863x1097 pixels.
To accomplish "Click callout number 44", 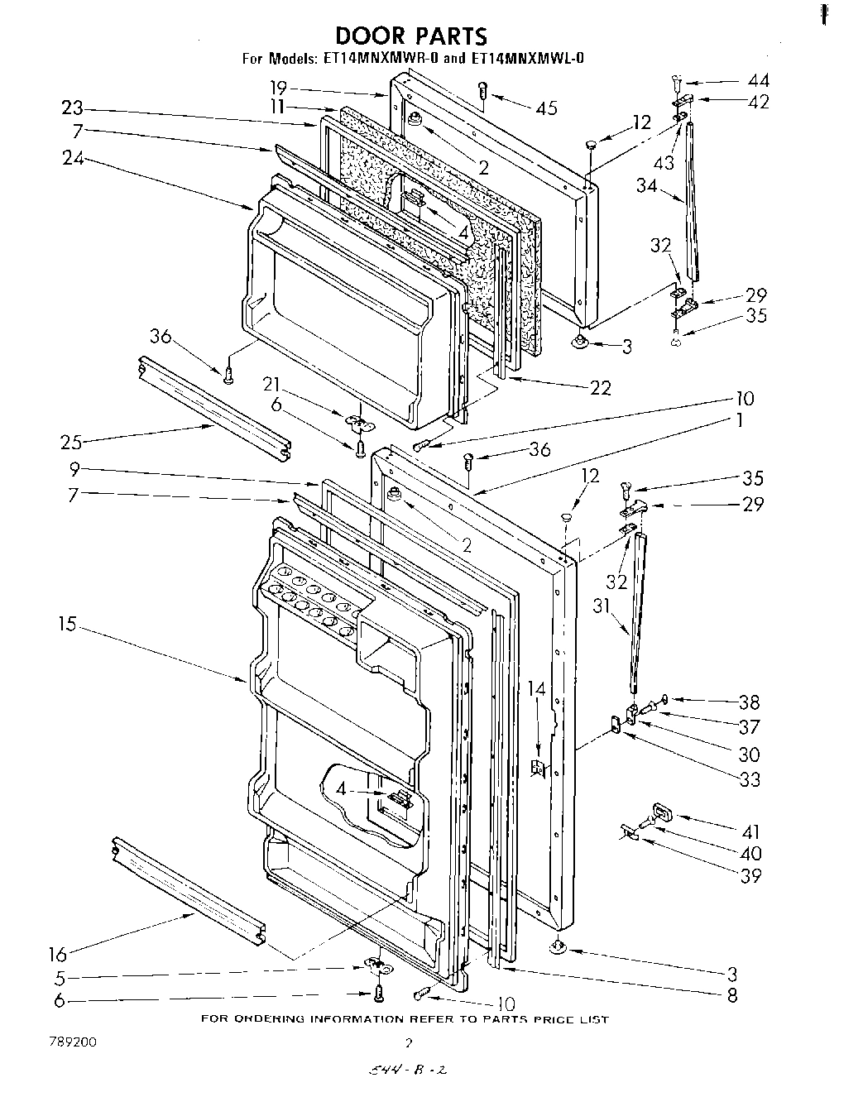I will [x=757, y=80].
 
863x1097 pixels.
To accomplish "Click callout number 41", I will [x=750, y=831].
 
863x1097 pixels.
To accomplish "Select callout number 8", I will [x=731, y=996].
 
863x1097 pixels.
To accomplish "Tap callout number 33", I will [x=750, y=778].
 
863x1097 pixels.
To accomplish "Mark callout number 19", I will [x=279, y=87].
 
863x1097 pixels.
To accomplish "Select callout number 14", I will [x=538, y=687].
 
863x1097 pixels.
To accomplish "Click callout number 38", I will [x=749, y=702].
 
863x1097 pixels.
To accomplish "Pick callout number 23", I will [x=73, y=108].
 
